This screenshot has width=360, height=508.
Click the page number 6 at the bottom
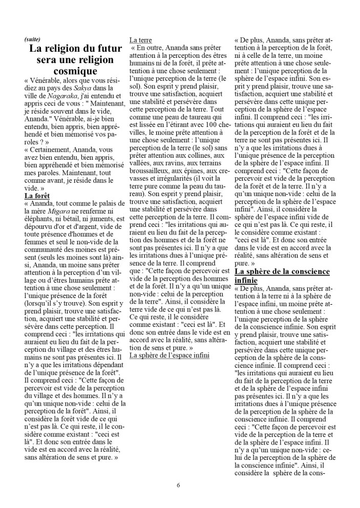pyautogui.click(x=178, y=484)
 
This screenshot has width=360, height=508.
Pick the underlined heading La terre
pyautogui.click(x=141, y=40)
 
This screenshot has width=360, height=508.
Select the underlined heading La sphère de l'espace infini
pyautogui.click(x=170, y=355)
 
